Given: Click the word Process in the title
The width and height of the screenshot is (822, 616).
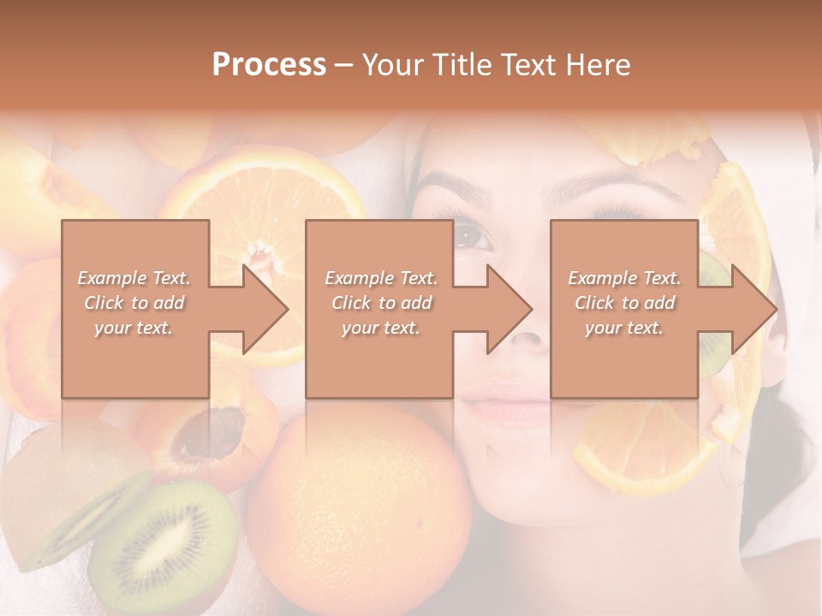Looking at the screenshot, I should click(x=269, y=65).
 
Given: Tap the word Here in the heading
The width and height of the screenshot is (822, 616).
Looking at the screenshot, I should click(x=598, y=65).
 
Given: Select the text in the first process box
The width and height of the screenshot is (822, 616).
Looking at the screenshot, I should click(x=134, y=303).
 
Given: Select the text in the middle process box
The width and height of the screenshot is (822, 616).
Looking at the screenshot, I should click(x=381, y=303).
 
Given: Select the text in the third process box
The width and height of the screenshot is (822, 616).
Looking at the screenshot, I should click(x=624, y=303).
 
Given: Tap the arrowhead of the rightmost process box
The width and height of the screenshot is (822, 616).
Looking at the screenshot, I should click(x=753, y=310).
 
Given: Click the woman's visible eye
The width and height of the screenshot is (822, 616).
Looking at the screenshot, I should click(x=472, y=235).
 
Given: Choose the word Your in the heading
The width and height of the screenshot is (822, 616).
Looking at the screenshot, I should click(x=392, y=65).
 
